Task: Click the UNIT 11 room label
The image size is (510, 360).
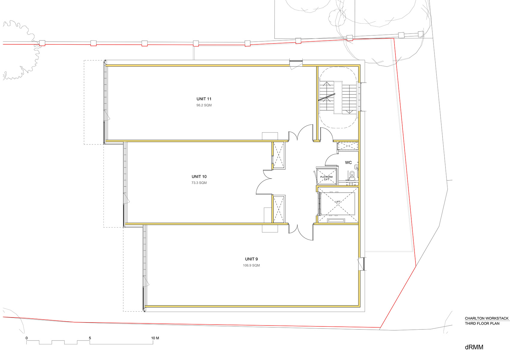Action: coord(204,99)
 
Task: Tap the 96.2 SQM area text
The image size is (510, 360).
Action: coord(204,105)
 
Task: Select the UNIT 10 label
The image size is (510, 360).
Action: coord(199,176)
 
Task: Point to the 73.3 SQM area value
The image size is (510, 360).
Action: coord(199,183)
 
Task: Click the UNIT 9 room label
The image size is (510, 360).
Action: coord(251,259)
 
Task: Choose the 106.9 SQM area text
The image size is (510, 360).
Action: coord(251,265)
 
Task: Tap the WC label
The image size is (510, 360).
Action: coord(348,162)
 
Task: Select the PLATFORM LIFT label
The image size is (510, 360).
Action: coord(326,178)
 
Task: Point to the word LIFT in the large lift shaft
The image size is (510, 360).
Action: coord(338,202)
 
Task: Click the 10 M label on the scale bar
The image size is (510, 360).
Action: coord(155,338)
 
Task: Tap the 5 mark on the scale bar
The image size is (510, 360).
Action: coord(90,338)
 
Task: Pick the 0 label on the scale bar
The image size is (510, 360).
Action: coord(27,338)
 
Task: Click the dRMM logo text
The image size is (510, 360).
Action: coord(474,347)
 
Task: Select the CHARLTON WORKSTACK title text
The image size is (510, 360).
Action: coord(487,318)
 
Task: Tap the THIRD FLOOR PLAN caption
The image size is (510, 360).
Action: coord(482,324)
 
